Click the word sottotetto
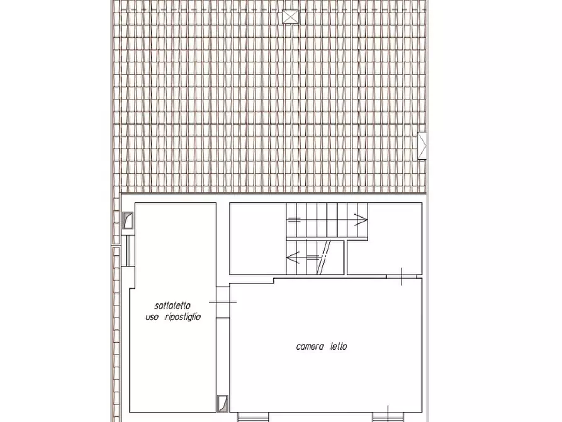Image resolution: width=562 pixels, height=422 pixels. point(172,305)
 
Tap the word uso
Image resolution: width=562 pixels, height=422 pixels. point(152,317)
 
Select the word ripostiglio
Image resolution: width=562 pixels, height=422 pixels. point(183,317)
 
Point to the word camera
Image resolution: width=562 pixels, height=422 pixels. point(310,346)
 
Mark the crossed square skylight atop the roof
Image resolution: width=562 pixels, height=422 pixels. point(290,17)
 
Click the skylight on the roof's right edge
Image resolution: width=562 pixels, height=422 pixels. point(422,145)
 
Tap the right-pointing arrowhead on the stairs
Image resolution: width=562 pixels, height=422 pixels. point(361,219)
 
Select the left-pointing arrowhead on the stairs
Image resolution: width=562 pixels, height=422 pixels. point(293,257)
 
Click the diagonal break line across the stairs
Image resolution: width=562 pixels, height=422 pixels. point(324,257)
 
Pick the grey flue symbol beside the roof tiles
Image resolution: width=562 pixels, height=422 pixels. point(128,220)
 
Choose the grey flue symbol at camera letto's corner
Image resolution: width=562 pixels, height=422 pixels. point(223,403)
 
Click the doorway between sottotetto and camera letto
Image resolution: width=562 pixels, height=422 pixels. point(223,302)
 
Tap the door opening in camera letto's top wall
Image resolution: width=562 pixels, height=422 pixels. point(402,277)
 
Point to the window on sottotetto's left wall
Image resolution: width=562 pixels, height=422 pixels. point(128,251)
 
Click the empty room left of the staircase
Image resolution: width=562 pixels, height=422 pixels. point(257,239)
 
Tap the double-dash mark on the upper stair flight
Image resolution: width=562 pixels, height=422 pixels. point(294,220)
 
